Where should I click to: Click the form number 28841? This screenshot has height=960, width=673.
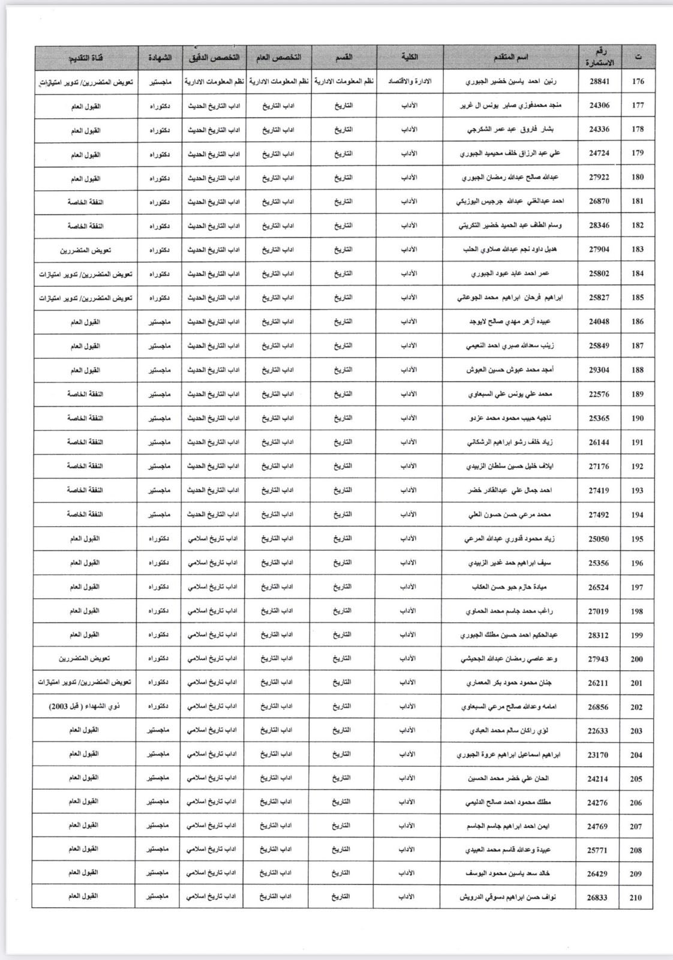[599, 81]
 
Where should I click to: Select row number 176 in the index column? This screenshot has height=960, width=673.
[638, 81]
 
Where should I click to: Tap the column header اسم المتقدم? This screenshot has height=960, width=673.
[510, 57]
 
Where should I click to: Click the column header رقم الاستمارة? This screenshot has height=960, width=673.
[599, 58]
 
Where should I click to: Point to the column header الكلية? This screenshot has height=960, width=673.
[409, 57]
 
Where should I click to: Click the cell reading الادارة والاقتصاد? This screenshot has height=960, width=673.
[409, 81]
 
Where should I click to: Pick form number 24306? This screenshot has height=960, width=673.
[599, 105]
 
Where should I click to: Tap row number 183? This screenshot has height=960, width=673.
[638, 249]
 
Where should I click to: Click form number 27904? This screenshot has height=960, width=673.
[599, 249]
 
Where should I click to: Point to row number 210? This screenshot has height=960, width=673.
[636, 898]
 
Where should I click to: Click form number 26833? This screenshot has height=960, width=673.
[597, 898]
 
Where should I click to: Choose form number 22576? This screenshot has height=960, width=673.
[599, 394]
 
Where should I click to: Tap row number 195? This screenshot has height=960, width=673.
[637, 539]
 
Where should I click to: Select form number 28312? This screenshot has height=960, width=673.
[598, 635]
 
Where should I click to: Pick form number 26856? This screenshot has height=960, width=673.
[598, 707]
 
